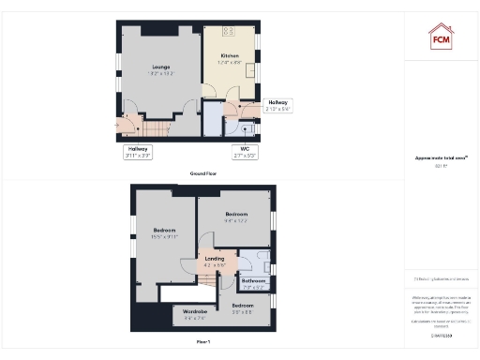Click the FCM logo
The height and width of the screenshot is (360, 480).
pos(441,37)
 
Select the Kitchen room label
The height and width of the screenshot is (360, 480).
pos(230,59)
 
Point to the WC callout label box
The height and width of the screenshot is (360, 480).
pos(244,150)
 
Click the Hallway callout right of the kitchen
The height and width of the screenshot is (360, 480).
pos(278,104)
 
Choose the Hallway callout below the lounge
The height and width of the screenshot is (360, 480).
pos(137,151)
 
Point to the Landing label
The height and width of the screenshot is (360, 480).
pos(216,262)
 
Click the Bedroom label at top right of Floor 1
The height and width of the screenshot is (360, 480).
pos(235,217)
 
